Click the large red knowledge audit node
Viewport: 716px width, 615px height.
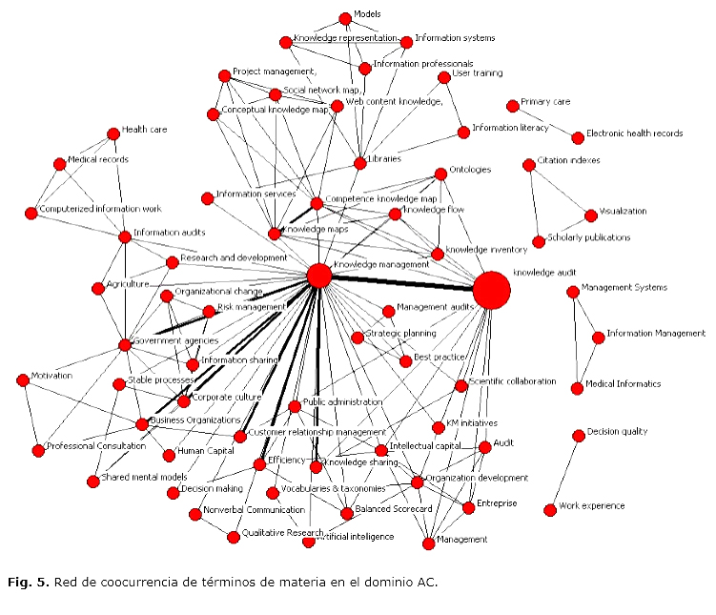coord(491,290)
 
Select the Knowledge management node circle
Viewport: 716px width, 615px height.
coord(319,276)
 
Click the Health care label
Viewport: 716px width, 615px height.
coord(144,130)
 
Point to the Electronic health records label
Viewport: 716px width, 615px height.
coord(634,133)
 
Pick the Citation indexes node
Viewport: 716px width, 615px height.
coord(529,165)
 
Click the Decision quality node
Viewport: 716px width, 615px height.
coord(579,436)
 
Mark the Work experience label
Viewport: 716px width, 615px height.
coord(591,505)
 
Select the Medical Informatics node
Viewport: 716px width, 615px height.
coord(577,388)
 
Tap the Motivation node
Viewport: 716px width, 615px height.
coord(23,379)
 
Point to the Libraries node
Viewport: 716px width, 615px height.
coord(359,163)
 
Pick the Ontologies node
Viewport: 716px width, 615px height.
coord(440,174)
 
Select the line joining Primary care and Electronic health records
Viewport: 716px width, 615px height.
coord(544,121)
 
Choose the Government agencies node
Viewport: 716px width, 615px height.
coord(125,344)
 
